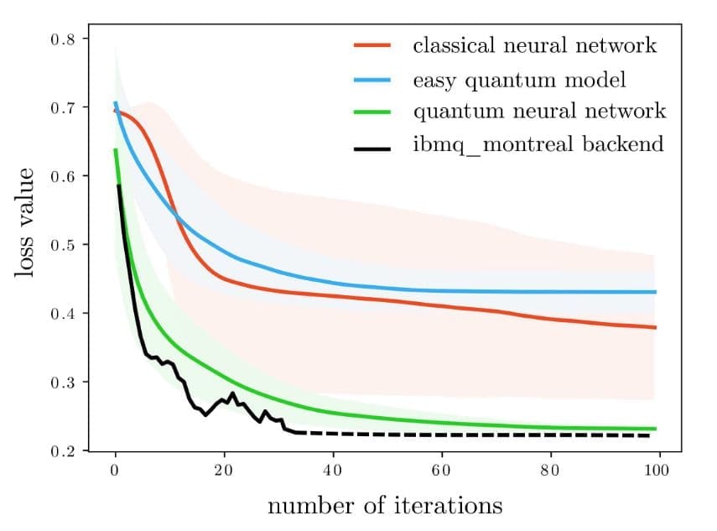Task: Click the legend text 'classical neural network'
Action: click(x=534, y=45)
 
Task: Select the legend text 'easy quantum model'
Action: click(x=519, y=81)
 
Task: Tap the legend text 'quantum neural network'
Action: click(x=538, y=112)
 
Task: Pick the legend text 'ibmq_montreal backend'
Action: click(x=538, y=144)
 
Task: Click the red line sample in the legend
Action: click(x=369, y=47)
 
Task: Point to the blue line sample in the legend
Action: click(x=369, y=81)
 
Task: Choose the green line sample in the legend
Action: click(x=369, y=112)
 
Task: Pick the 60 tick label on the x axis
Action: click(x=441, y=470)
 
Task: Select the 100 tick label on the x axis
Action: click(x=657, y=470)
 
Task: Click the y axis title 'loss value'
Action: click(x=26, y=224)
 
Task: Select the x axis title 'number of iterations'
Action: click(x=385, y=506)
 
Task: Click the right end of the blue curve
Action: click(x=654, y=292)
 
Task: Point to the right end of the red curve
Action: click(x=654, y=327)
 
